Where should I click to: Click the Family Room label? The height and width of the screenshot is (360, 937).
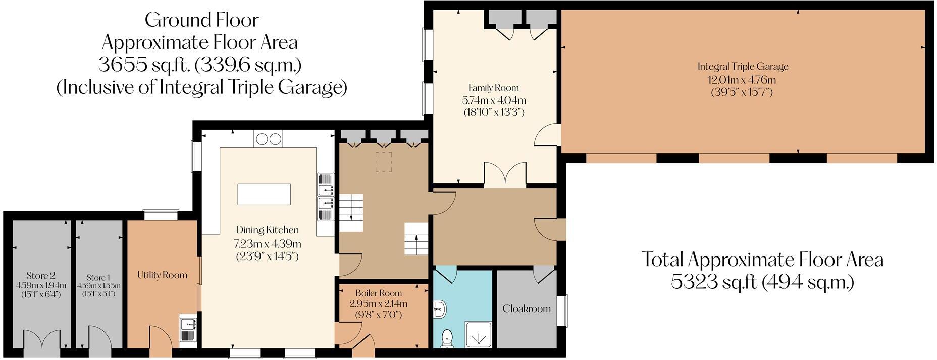pyautogui.click(x=493, y=88)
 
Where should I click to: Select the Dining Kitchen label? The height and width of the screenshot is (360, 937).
pyautogui.click(x=267, y=230)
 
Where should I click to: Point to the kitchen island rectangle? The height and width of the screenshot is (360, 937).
pyautogui.click(x=264, y=194)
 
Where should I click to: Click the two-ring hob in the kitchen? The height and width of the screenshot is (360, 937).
pyautogui.click(x=268, y=138)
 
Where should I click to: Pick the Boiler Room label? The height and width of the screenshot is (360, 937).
pyautogui.click(x=379, y=293)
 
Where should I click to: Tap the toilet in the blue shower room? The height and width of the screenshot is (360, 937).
pyautogui.click(x=447, y=338)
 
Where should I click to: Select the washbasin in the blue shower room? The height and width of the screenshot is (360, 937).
pyautogui.click(x=439, y=308)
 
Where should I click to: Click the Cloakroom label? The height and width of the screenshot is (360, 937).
pyautogui.click(x=527, y=308)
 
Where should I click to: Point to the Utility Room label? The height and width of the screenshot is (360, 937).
pyautogui.click(x=162, y=275)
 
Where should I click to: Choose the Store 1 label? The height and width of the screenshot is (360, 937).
pyautogui.click(x=98, y=278)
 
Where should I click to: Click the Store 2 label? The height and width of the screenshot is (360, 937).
pyautogui.click(x=41, y=276)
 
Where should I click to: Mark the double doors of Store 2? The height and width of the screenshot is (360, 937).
pyautogui.click(x=39, y=338)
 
